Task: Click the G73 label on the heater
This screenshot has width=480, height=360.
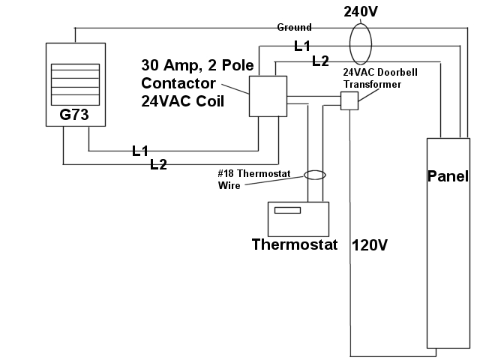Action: (74, 116)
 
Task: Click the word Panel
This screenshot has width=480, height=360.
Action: (448, 177)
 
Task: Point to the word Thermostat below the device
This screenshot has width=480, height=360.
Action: (295, 244)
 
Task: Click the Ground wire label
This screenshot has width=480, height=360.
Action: (294, 27)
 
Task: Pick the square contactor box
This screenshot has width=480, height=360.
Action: (267, 95)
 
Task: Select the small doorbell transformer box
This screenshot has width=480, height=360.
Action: (349, 101)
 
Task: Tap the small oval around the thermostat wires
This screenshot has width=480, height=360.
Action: (315, 175)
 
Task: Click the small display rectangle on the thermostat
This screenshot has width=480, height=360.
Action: (286, 210)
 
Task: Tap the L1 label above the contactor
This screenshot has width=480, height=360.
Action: (302, 46)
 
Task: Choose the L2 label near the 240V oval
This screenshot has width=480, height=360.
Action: (320, 60)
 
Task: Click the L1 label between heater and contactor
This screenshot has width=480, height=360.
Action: (140, 151)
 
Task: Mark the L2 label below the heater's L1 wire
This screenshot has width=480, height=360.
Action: (158, 165)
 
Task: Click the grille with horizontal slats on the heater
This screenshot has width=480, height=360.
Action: (74, 84)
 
